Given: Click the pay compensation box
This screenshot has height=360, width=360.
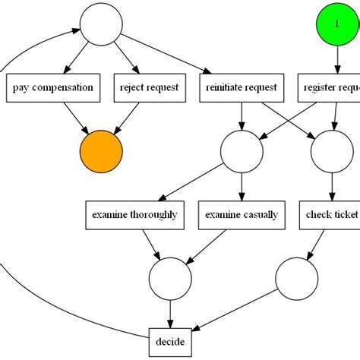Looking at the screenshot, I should pos(53,87).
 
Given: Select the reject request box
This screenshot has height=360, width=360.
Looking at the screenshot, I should pos(149,87).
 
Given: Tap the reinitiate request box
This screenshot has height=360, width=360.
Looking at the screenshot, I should pos(242,87).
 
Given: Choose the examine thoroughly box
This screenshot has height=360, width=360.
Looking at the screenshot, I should pos(134,215).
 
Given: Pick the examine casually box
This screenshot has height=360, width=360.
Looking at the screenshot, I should pos(242,215).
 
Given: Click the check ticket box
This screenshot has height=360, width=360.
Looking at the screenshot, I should pos(330,215).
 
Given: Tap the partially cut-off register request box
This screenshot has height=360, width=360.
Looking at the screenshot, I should pos(328,87).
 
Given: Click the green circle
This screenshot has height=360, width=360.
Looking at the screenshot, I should pos(337,24).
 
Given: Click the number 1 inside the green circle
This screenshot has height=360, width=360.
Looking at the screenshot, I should pos(337,24).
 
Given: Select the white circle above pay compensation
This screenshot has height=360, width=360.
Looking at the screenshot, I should pos(102,24).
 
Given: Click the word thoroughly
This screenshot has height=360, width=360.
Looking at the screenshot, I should pos(153,215).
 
